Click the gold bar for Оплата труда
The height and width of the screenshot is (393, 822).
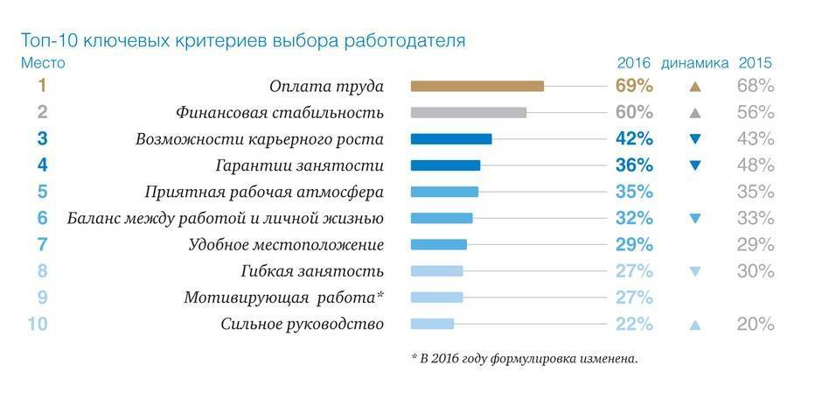(477, 86)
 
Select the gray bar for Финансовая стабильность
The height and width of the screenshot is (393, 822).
(468, 112)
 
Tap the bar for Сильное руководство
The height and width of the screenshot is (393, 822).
(432, 324)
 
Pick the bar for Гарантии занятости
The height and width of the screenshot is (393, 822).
(445, 165)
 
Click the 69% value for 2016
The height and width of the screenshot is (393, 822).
(634, 86)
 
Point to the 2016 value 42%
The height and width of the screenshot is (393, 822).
(634, 138)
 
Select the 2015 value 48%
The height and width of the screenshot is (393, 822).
(755, 165)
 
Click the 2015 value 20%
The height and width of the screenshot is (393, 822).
(755, 324)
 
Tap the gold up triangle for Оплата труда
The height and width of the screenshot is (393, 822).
(695, 87)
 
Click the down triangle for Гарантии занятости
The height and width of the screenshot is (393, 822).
(695, 165)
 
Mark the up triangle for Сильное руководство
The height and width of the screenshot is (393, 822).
(695, 325)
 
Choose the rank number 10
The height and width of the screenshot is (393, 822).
(37, 324)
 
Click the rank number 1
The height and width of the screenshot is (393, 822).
(41, 86)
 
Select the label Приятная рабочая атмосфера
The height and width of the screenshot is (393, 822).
(263, 192)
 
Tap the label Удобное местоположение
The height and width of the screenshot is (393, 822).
(286, 244)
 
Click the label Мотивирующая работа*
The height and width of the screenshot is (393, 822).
(284, 298)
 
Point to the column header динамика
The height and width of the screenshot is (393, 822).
(694, 63)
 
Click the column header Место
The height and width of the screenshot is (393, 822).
(42, 63)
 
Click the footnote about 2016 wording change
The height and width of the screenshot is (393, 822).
(524, 358)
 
